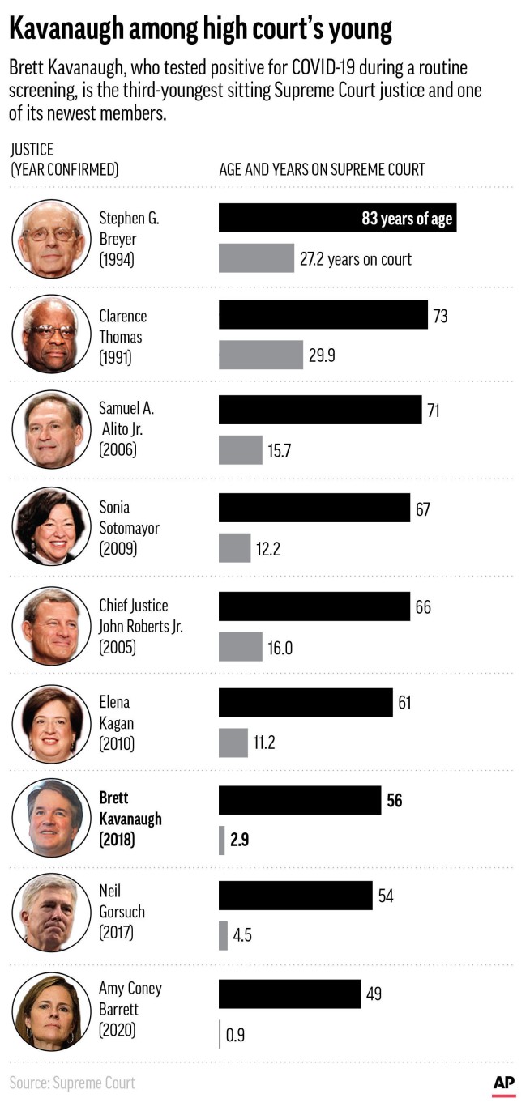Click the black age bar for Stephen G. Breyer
(x=337, y=218)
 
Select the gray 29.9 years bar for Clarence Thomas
(x=260, y=355)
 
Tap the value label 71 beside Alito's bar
(x=434, y=411)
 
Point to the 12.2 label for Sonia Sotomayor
(x=268, y=549)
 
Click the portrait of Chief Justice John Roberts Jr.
(x=51, y=626)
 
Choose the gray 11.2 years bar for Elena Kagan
(x=233, y=743)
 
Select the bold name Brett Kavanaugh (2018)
(x=130, y=819)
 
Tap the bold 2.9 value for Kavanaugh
(x=239, y=840)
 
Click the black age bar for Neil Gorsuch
(x=295, y=896)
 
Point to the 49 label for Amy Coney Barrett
(x=373, y=994)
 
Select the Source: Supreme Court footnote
(x=72, y=1083)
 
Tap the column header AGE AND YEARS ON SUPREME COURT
(x=322, y=169)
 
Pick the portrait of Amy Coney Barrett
(x=51, y=1011)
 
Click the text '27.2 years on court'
(x=356, y=259)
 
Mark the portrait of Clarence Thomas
(x=51, y=334)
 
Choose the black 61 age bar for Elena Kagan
(x=306, y=702)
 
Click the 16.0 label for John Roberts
(x=280, y=648)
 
